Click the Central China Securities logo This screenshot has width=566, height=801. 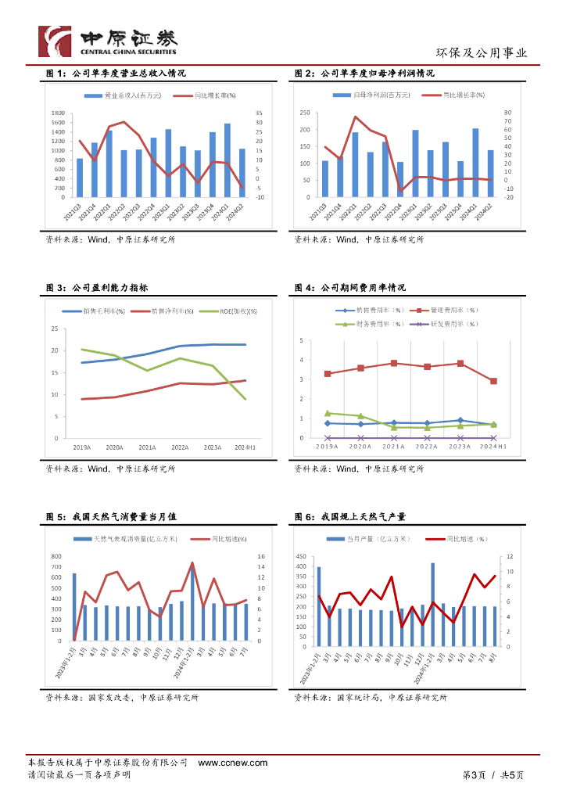(108, 41)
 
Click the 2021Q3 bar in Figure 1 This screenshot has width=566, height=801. (80, 178)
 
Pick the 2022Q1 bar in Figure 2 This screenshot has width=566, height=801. (355, 164)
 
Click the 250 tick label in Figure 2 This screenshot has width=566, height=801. (305, 113)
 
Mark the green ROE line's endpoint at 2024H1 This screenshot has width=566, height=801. (245, 399)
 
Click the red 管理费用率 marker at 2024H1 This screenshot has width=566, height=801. (493, 381)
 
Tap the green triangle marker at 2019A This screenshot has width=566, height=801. (328, 413)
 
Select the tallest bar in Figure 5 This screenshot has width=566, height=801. (192, 603)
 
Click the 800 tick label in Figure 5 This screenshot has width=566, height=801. (56, 556)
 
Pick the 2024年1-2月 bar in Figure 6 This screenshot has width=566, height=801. (433, 602)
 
